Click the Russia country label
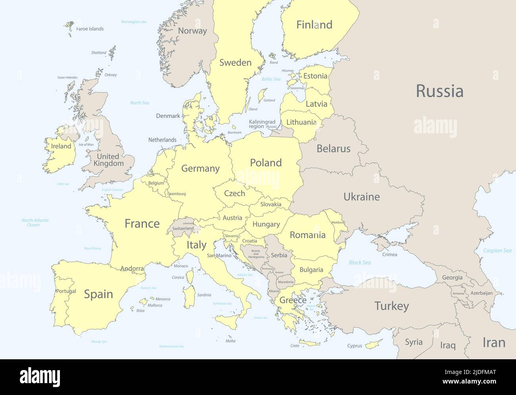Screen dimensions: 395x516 point(439,91)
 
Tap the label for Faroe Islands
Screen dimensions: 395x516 point(90,29)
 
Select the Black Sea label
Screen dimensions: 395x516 point(360,262)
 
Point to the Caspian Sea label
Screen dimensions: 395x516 point(497,250)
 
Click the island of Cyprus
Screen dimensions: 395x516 point(374,344)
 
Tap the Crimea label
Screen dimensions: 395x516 point(390,254)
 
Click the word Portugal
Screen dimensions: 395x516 point(66,291)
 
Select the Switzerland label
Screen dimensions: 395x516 point(183,229)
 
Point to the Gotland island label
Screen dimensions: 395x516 point(269,100)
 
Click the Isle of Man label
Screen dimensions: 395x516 point(86,145)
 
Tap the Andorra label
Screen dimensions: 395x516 point(132,269)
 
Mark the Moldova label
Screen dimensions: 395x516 point(337,223)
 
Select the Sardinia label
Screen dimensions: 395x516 point(204,295)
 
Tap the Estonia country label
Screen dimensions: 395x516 point(316,76)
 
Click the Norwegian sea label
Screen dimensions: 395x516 point(134,22)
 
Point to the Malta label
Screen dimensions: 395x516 point(230,341)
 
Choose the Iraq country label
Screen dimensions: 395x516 point(448,345)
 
